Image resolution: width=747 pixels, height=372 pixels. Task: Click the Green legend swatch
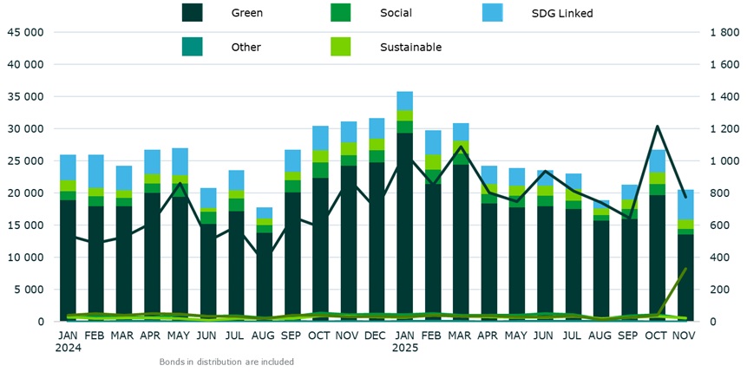tap(192, 13)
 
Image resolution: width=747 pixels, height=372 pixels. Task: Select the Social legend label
tap(396, 13)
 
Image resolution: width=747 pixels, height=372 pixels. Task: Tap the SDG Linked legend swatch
tap(492, 13)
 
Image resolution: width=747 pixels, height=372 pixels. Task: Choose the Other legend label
tap(246, 47)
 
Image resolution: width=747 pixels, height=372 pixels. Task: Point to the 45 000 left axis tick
tap(24, 32)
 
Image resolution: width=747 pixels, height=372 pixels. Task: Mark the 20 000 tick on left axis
tap(24, 193)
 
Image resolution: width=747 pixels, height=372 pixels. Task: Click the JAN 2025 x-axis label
tap(404, 341)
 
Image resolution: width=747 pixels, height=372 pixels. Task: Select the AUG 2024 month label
tap(264, 335)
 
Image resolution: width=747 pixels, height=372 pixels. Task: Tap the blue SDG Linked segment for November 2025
tap(685, 205)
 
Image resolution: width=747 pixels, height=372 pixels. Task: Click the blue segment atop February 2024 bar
tap(95, 171)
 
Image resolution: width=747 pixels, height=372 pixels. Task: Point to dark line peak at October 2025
tap(658, 127)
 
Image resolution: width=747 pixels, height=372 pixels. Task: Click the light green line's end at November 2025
tap(685, 269)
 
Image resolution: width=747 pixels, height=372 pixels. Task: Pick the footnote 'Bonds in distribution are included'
tap(226, 362)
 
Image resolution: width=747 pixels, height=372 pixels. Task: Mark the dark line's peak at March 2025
tap(460, 147)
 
